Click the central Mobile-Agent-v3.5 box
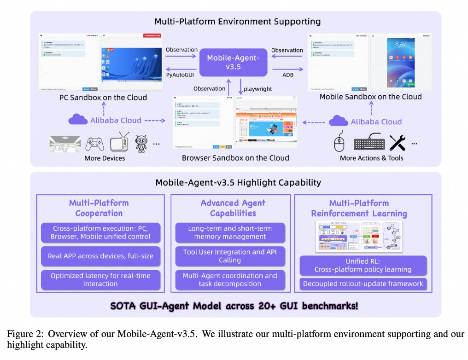[233, 62]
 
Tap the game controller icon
[95, 144]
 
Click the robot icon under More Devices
[141, 144]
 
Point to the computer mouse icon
[340, 143]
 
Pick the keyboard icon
[369, 143]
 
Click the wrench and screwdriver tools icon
[398, 143]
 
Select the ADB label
[288, 74]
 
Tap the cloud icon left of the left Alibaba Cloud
[77, 120]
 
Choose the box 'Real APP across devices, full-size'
[100, 255]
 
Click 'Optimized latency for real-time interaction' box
[100, 279]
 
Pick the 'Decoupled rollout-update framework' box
[363, 284]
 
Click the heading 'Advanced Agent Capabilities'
[233, 208]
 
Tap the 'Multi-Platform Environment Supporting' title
[238, 22]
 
